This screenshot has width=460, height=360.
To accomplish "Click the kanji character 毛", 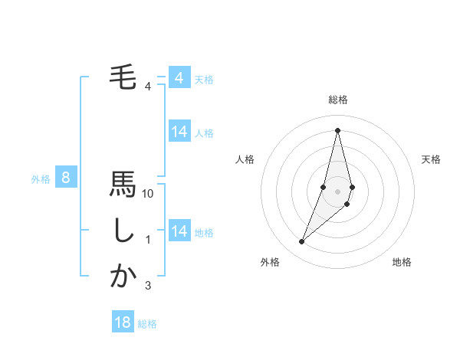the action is [123, 77].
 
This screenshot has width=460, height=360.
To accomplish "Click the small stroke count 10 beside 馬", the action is [148, 194].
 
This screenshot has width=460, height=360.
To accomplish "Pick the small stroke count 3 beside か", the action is [148, 286].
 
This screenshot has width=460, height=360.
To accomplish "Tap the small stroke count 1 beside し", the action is [148, 240].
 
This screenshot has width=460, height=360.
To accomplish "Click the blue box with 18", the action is [123, 322].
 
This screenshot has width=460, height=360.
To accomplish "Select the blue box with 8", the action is [66, 178].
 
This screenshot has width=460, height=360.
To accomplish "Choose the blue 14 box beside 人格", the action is [179, 132].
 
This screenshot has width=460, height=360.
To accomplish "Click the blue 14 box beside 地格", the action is [179, 231].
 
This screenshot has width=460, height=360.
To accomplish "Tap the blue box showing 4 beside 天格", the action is [179, 78].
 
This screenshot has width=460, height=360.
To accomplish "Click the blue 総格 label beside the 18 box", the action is [147, 324].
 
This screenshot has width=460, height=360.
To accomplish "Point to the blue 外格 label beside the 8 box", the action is [41, 179].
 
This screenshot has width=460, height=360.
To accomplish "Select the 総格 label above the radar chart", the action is [337, 100].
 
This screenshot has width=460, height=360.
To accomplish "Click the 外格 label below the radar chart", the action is [270, 262].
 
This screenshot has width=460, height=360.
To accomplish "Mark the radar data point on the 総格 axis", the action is [337, 129].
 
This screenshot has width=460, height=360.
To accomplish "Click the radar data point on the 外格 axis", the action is [301, 242].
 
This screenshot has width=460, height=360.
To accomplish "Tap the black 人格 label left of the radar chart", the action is [245, 159].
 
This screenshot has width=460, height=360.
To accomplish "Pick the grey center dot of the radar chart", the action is [337, 191].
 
